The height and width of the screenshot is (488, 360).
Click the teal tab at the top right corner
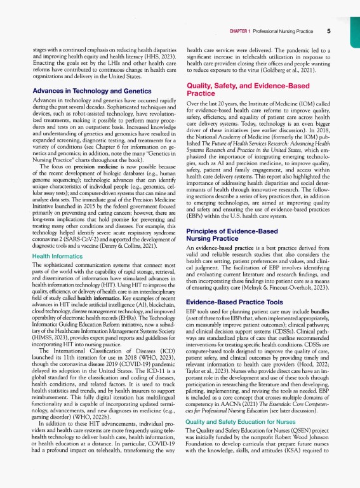pyautogui.click(x=354, y=19)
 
